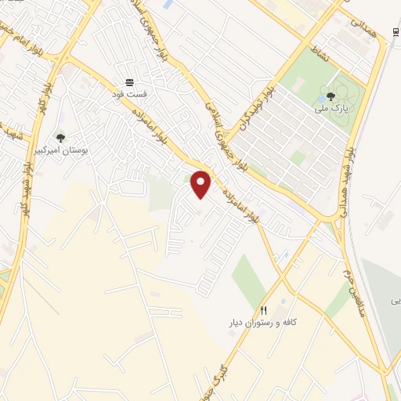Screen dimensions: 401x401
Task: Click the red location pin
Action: coord(201,184)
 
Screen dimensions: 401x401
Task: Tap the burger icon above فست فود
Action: coord(129,81)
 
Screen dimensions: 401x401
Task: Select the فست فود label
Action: coord(129,93)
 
